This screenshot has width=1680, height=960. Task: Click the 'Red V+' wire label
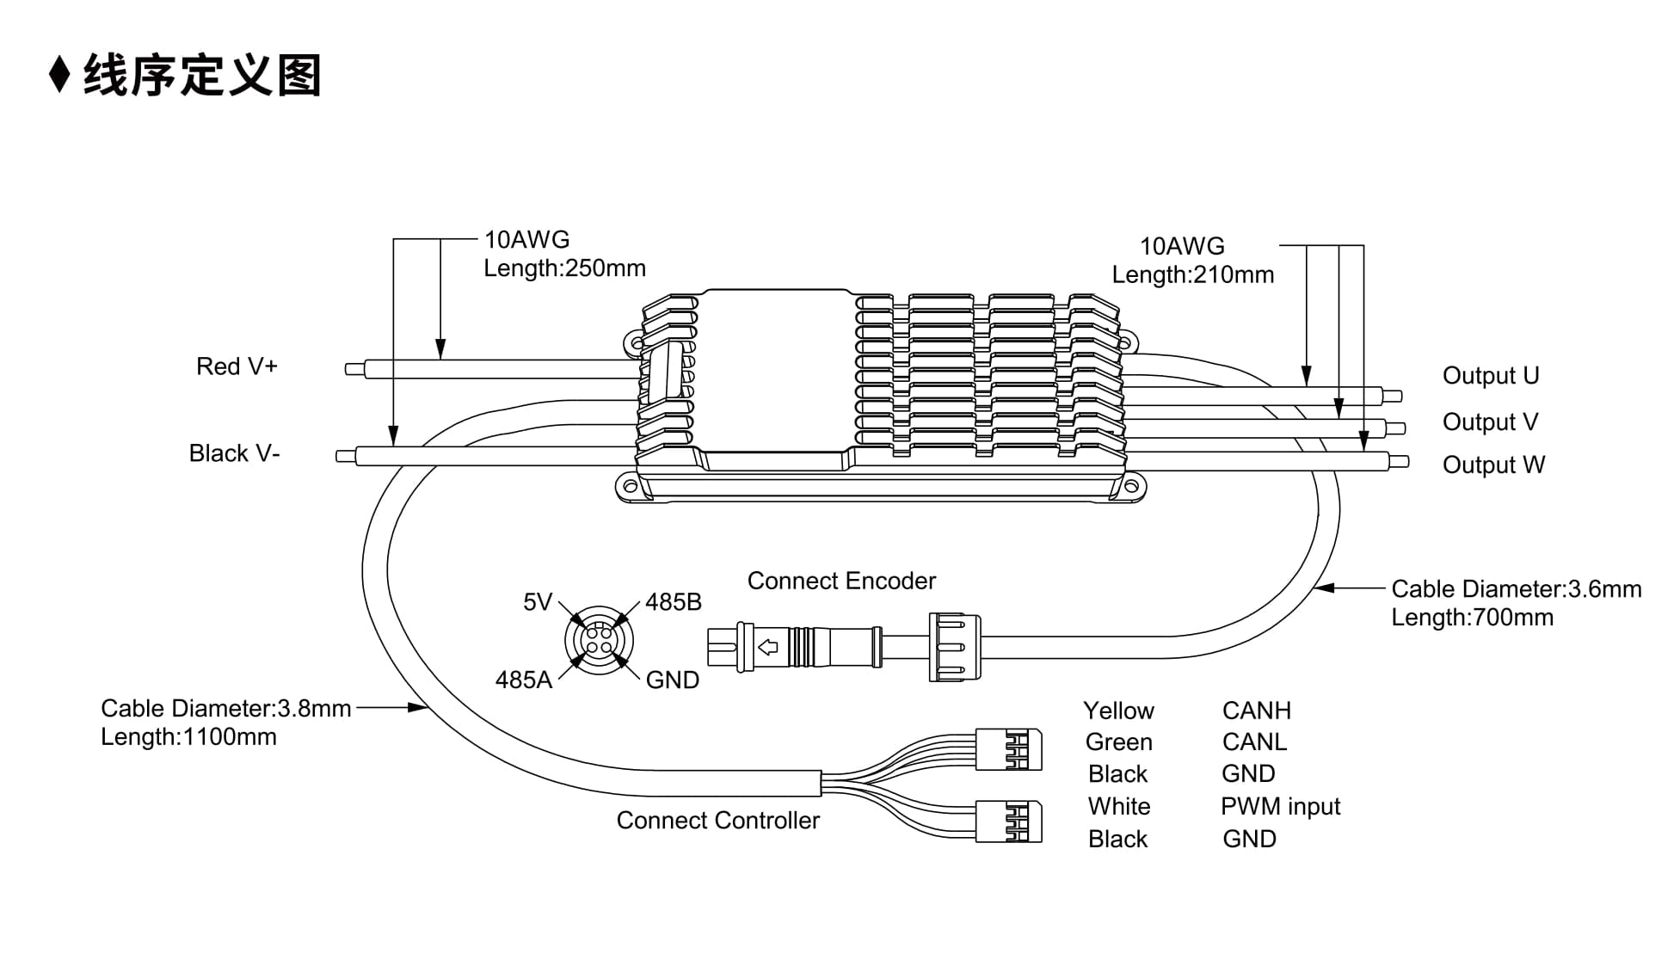click(x=237, y=366)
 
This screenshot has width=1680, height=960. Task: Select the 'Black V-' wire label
click(x=234, y=453)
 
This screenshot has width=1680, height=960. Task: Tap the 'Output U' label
click(x=1491, y=376)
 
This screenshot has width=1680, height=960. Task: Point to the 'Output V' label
click(x=1490, y=422)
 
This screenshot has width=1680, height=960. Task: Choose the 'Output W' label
click(x=1493, y=465)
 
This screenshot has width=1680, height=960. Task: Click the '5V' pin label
click(x=538, y=602)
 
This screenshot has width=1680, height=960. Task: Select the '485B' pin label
click(x=674, y=602)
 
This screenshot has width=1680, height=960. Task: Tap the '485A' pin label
click(x=523, y=680)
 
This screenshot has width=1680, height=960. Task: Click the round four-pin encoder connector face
click(x=599, y=641)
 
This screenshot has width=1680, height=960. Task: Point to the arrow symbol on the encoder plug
click(x=767, y=647)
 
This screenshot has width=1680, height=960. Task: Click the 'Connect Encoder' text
click(x=841, y=582)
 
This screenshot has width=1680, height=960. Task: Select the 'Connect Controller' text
click(x=718, y=821)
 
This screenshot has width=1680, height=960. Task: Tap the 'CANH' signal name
click(x=1257, y=711)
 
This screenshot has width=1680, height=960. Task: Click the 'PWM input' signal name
click(x=1280, y=807)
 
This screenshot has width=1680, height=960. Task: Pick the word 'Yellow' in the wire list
click(x=1118, y=711)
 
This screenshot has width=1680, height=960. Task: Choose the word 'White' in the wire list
click(x=1118, y=807)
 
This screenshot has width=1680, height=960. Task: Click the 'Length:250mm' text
click(x=564, y=268)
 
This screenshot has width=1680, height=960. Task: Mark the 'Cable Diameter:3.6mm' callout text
click(x=1517, y=589)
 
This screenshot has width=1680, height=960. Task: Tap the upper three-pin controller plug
click(x=1009, y=749)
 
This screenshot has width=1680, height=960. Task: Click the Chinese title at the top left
click(x=202, y=75)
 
